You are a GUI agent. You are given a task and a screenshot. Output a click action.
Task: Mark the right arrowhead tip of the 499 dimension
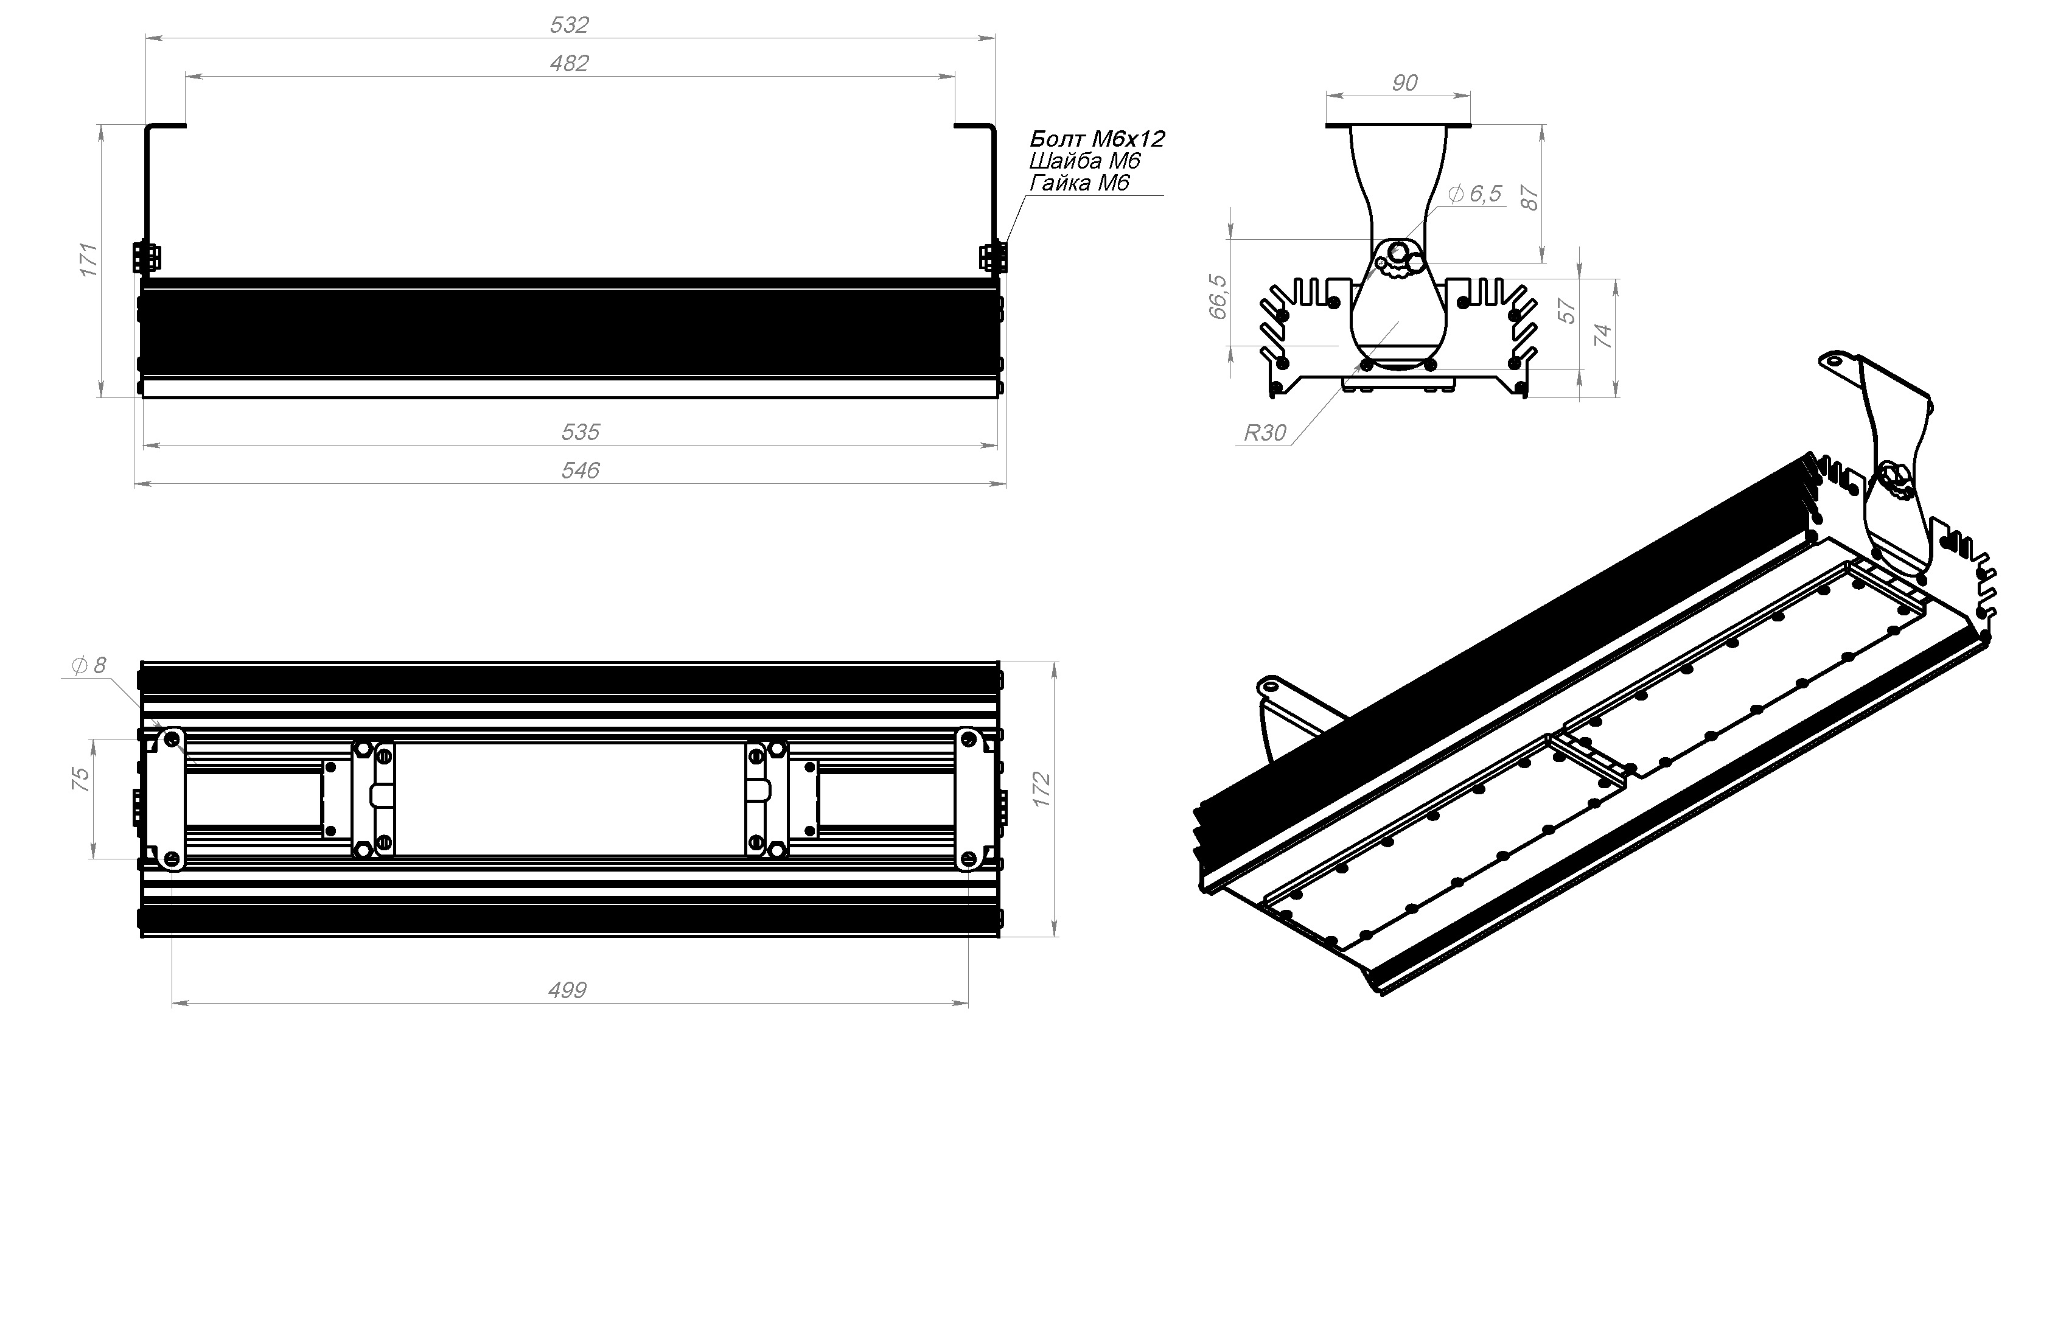pos(968,1004)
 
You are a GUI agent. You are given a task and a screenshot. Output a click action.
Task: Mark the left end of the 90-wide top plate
pos(1327,126)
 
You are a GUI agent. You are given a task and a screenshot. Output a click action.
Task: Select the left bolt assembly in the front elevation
pos(146,258)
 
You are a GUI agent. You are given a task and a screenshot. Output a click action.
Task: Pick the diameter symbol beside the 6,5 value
pos(1456,194)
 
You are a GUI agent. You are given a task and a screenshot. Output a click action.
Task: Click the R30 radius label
pos(1265,433)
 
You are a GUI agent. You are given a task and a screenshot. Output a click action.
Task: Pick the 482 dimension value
pos(570,63)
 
